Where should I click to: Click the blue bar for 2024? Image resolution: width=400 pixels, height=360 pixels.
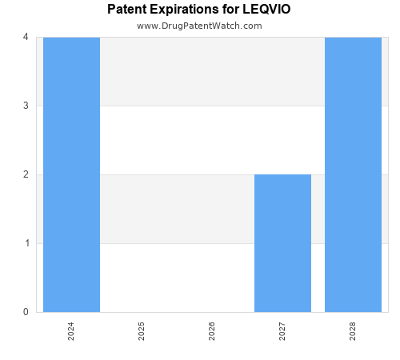[x=71, y=174]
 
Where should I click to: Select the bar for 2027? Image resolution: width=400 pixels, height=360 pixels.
[x=282, y=243]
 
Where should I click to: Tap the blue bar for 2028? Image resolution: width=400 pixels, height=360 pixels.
[x=353, y=174]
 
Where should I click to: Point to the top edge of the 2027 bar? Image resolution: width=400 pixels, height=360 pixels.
[x=282, y=174]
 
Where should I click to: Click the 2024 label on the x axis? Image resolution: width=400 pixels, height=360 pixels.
[x=71, y=331]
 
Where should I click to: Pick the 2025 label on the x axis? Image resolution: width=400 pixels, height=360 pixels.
[x=142, y=331]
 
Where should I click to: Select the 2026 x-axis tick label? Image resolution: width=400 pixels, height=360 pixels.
[x=212, y=331]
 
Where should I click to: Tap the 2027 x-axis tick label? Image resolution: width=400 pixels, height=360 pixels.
[x=282, y=331]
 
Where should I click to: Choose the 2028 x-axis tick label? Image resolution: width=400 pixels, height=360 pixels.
[x=353, y=331]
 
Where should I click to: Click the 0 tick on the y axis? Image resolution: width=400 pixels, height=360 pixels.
[x=26, y=312]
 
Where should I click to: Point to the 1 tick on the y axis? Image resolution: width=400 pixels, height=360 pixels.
[x=26, y=243]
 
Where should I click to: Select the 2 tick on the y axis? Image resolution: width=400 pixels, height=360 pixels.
[x=26, y=174]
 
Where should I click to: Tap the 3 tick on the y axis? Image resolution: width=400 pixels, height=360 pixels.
[x=26, y=106]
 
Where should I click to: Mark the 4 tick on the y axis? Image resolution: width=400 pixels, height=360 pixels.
[x=26, y=37]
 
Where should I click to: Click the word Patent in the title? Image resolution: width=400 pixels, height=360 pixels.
[x=127, y=10]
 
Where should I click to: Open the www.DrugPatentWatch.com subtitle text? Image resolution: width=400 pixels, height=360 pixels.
[x=199, y=26]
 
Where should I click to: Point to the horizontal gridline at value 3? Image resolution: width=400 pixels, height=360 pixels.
[x=212, y=106]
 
